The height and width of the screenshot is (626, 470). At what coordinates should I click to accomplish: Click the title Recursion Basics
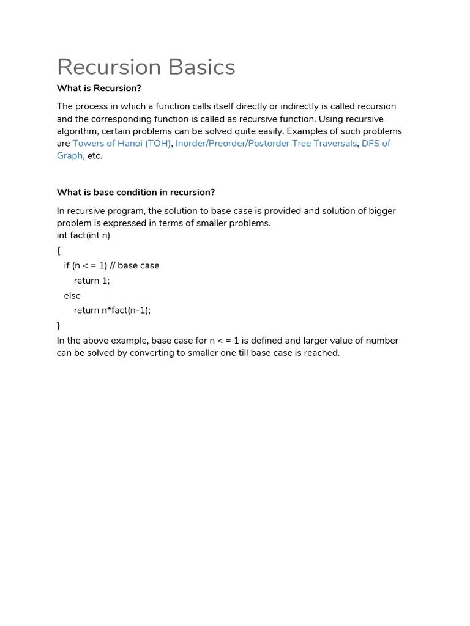pos(146,67)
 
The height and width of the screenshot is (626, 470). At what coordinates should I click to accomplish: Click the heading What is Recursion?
pos(99,88)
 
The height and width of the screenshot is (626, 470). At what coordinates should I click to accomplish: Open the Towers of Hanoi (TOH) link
pos(121,144)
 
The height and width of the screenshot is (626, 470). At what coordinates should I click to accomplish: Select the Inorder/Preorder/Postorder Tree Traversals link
pos(266,144)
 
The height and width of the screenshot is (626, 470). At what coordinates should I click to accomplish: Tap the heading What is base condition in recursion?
pos(136,192)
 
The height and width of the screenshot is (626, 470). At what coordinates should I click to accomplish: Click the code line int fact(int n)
pos(83,235)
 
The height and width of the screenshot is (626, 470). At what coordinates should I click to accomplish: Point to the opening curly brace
pos(59,251)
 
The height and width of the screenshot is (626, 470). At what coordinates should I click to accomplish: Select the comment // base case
pos(134,266)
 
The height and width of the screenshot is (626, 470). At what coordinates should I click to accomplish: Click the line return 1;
pos(92,281)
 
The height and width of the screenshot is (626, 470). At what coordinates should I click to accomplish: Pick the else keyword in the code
pos(72,296)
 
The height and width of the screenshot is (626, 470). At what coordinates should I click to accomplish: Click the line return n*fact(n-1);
pos(112,311)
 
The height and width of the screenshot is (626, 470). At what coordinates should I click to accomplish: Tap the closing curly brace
pos(59,326)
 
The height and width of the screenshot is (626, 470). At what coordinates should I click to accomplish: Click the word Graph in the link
pos(69,156)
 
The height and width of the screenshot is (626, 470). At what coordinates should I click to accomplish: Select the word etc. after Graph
pos(94,156)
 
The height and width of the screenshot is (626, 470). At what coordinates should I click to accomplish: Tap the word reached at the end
pos(321,353)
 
